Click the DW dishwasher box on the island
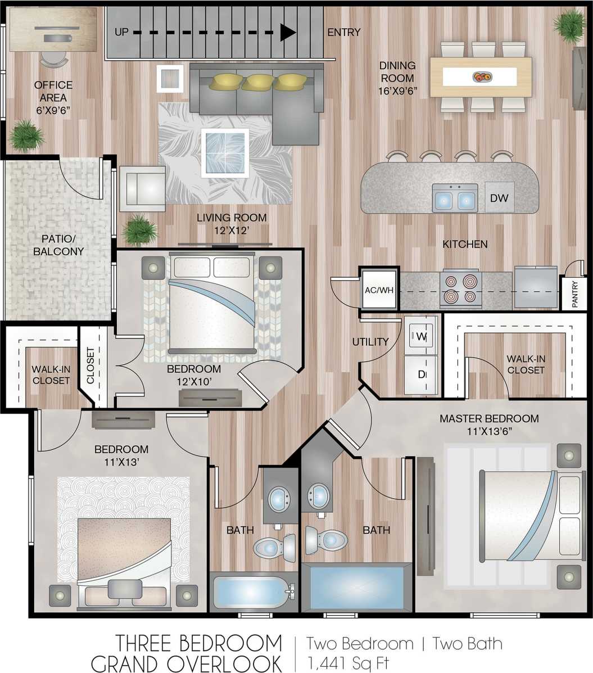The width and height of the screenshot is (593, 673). [499, 197]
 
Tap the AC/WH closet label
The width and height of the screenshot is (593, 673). [379, 290]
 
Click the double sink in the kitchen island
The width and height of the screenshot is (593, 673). [455, 200]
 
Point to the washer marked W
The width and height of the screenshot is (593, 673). [421, 337]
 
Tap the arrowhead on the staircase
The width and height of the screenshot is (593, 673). [288, 33]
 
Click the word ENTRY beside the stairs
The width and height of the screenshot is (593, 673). [343, 33]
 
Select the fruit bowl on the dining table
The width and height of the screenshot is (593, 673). [481, 76]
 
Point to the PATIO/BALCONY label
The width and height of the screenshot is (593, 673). [58, 245]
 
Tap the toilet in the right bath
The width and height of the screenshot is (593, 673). [326, 540]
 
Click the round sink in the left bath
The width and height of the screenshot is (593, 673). [279, 498]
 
